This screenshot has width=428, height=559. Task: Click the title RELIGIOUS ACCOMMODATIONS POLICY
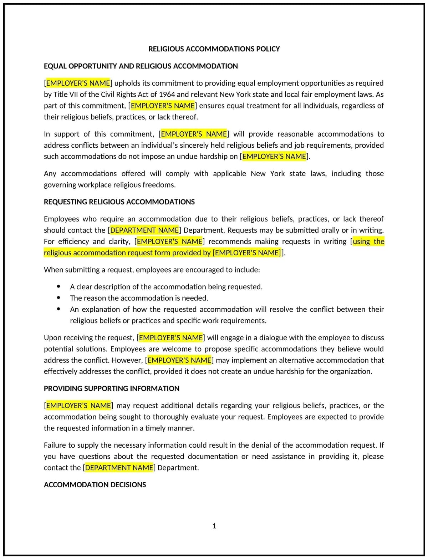click(214, 49)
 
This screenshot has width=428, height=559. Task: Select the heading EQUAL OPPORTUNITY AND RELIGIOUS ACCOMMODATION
click(141, 66)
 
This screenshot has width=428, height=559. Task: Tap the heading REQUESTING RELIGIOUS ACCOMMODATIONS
click(119, 202)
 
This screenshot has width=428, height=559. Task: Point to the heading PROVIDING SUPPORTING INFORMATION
click(111, 388)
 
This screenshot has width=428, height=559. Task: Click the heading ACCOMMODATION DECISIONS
click(95, 485)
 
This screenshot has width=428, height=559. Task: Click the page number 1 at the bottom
click(214, 526)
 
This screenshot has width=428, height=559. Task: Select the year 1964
click(167, 95)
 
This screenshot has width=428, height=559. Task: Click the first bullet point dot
click(58, 286)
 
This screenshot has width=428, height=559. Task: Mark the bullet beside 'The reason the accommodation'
click(58, 298)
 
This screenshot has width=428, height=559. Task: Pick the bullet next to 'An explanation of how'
click(58, 309)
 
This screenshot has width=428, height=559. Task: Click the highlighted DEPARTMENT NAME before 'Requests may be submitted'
click(144, 230)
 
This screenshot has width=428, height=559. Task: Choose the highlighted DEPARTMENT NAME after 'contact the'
click(119, 468)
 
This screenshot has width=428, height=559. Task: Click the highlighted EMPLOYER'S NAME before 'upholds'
click(78, 83)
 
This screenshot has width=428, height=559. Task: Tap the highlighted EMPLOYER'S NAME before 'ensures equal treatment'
click(163, 106)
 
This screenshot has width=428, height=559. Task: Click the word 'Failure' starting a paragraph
click(55, 445)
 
